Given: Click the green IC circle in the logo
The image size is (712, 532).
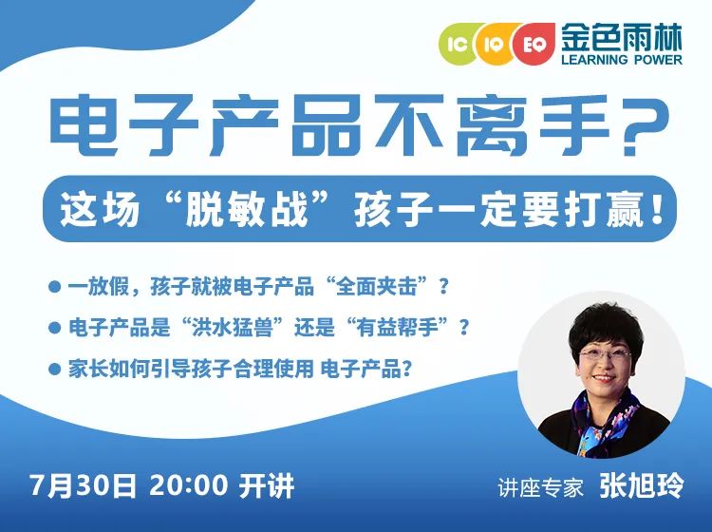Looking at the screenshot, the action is point(458,44).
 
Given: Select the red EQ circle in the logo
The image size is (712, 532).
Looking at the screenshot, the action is point(533,44).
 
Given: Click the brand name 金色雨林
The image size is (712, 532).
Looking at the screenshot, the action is point(622,37).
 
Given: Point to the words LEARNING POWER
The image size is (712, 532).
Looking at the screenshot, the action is point(622,60).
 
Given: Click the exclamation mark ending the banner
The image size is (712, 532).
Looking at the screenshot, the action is point(655,209).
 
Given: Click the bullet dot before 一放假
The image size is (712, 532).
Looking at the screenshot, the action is point(54,287).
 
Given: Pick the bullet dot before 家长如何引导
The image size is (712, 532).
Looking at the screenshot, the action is point(54,368).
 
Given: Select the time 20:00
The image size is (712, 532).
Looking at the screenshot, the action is point(188,485).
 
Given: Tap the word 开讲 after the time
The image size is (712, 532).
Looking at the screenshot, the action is point(267,485).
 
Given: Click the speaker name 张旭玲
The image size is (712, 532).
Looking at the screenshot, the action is point(641,485).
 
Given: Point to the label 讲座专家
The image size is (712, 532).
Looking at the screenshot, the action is point(540,488).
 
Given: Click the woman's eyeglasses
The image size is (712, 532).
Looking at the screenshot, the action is point(605,354).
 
